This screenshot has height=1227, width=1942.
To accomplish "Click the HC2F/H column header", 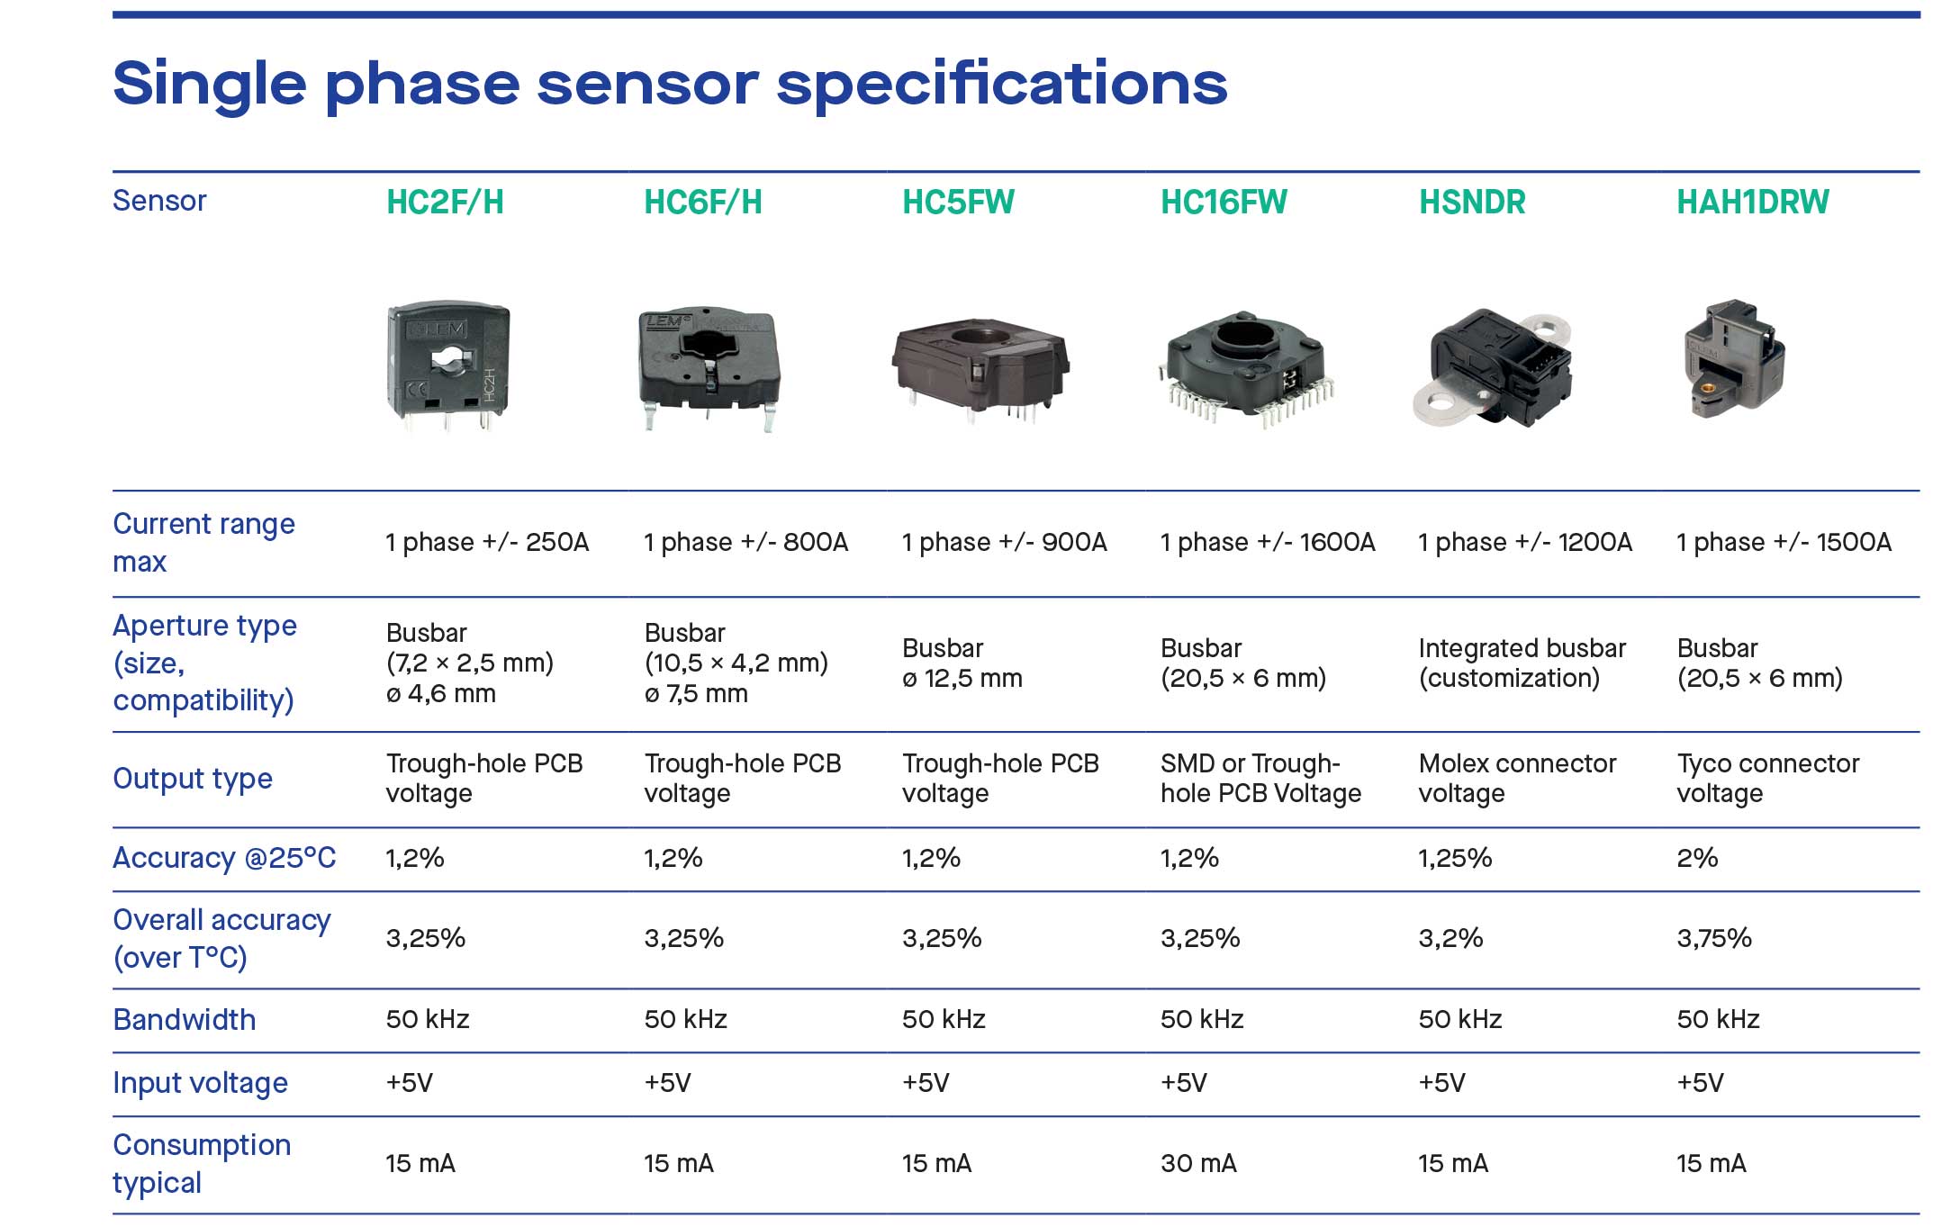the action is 445,202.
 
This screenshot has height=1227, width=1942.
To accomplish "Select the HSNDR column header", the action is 1472,202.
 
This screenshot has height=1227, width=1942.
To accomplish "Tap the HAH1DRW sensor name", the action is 1752,202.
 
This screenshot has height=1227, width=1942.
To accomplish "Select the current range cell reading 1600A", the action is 1268,542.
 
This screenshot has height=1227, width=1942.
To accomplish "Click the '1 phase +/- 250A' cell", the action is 487,542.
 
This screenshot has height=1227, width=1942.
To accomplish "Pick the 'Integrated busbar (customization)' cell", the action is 1522,663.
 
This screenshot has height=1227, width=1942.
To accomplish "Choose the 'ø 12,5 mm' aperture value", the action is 962,679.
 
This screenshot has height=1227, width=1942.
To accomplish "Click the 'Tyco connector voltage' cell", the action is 1767,779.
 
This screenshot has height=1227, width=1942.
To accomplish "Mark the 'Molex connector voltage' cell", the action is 1517,779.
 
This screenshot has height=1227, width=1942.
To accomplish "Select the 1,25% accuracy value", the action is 1455,858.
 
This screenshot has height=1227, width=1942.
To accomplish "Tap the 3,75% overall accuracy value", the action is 1714,938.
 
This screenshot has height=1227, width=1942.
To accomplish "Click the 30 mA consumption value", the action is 1198,1163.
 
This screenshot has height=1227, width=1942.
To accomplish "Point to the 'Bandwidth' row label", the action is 185,1020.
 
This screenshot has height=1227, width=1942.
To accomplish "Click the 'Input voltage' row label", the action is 201,1083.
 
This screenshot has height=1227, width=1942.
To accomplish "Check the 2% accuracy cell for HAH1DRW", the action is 1697,858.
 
